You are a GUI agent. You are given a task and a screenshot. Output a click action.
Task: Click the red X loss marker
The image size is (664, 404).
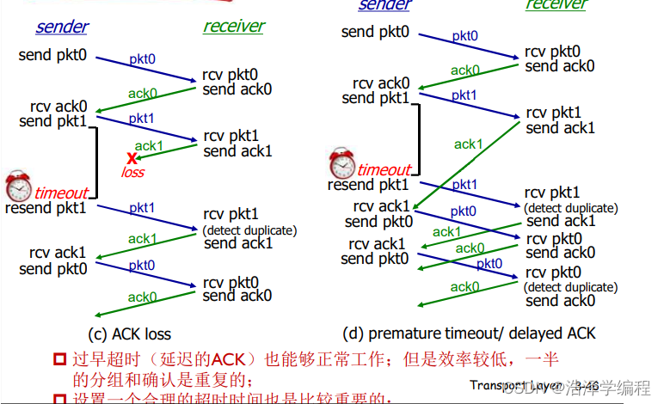pyautogui.click(x=132, y=158)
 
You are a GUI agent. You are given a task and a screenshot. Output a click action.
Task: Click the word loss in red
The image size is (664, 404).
pyautogui.click(x=133, y=172)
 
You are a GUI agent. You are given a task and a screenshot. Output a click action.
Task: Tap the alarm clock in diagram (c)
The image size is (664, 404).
pyautogui.click(x=18, y=187)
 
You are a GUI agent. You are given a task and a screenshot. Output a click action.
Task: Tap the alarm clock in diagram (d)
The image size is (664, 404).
pyautogui.click(x=342, y=163)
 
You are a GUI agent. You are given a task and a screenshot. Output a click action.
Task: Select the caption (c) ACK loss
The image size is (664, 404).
pyautogui.click(x=130, y=334)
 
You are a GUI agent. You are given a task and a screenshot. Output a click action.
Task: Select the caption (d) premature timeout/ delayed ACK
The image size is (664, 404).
pyautogui.click(x=468, y=333)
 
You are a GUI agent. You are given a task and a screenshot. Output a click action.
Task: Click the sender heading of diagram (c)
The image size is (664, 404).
pyautogui.click(x=62, y=27)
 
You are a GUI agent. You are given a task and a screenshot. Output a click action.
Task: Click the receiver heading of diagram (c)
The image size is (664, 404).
pyautogui.click(x=234, y=26)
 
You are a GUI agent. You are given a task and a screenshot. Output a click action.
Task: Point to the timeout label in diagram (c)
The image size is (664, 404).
pyautogui.click(x=61, y=193)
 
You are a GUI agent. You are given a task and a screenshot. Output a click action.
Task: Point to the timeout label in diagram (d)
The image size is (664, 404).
pyautogui.click(x=384, y=169)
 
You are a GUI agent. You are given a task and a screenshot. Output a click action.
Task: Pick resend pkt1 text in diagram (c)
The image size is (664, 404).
pyautogui.click(x=46, y=208)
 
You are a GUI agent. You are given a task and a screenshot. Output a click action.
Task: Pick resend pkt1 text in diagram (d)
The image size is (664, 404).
pyautogui.click(x=368, y=185)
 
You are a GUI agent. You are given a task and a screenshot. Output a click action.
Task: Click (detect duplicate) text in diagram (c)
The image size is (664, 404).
pyautogui.click(x=250, y=230)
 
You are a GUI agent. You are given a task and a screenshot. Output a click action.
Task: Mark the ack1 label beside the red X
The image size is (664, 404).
pyautogui.click(x=148, y=145)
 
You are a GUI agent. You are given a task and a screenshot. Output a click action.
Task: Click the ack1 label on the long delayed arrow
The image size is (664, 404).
pyautogui.click(x=468, y=144)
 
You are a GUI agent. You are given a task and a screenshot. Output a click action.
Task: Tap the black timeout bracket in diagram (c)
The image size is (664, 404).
pyautogui.click(x=97, y=162)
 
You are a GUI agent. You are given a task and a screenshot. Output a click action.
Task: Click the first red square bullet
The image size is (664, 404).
pyautogui.click(x=59, y=358)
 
